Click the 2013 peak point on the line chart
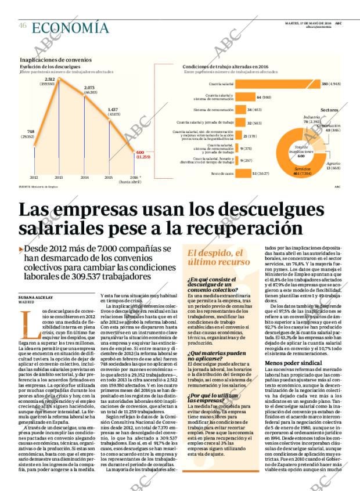click(59, 87)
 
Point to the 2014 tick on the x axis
click(84, 177)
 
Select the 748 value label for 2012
click(31, 131)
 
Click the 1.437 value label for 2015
click(113, 109)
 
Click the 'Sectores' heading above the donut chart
click(329, 109)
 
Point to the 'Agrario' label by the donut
click(333, 164)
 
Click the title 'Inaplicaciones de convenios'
click(56, 60)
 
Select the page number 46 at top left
click(23, 26)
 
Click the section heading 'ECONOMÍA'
click(70, 27)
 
